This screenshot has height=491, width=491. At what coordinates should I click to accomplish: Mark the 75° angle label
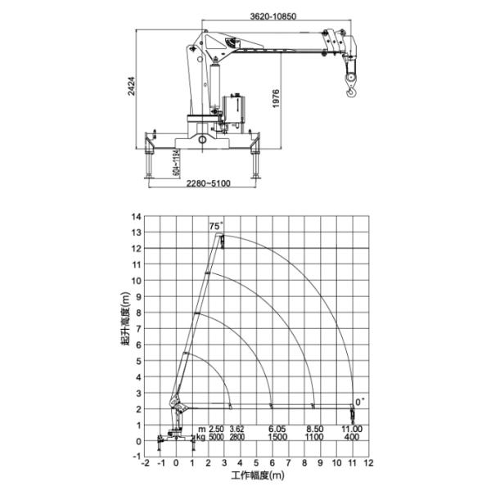pyautogui.click(x=215, y=226)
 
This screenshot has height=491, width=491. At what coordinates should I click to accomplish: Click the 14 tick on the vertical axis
pyautogui.click(x=137, y=217)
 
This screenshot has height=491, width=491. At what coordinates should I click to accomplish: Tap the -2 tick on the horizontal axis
pyautogui.click(x=145, y=462)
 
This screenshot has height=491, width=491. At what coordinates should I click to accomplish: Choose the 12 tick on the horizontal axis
pyautogui.click(x=369, y=462)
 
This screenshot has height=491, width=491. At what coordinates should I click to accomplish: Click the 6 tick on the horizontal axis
pyautogui.click(x=273, y=462)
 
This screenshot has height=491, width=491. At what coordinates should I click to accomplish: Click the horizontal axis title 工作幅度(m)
pyautogui.click(x=255, y=475)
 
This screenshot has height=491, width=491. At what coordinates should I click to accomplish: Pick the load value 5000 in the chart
pyautogui.click(x=215, y=438)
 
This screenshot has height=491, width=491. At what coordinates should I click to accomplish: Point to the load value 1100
pyautogui.click(x=314, y=438)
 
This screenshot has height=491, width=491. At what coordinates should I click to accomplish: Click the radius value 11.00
pyautogui.click(x=353, y=429)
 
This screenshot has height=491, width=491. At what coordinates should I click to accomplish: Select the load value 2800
pyautogui.click(x=237, y=438)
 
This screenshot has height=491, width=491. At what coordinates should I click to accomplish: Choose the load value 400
pyautogui.click(x=353, y=438)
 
